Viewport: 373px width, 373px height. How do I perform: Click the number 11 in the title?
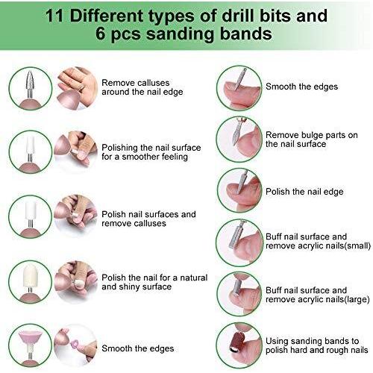click(54, 16)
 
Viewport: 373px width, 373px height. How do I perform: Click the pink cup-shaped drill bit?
click(31, 339)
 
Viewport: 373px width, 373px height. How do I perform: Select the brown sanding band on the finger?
click(236, 342)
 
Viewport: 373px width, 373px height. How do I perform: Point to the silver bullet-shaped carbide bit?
click(30, 80)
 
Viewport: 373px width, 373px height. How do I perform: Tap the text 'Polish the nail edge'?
click(304, 192)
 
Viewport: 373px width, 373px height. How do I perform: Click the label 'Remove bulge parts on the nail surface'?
click(312, 140)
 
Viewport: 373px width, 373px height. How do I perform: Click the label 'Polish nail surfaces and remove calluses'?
click(148, 219)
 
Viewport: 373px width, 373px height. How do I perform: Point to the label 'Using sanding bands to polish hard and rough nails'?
click(316, 345)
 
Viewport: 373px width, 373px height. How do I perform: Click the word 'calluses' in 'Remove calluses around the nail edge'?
click(153, 83)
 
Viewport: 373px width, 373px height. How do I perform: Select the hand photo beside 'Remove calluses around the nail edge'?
click(76, 88)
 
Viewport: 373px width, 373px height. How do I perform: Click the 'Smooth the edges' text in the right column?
click(301, 87)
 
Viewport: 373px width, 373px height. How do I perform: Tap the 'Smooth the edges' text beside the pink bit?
click(138, 348)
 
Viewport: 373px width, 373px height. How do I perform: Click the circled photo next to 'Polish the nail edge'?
click(239, 190)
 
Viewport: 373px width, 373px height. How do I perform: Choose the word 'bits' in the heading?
click(277, 16)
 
